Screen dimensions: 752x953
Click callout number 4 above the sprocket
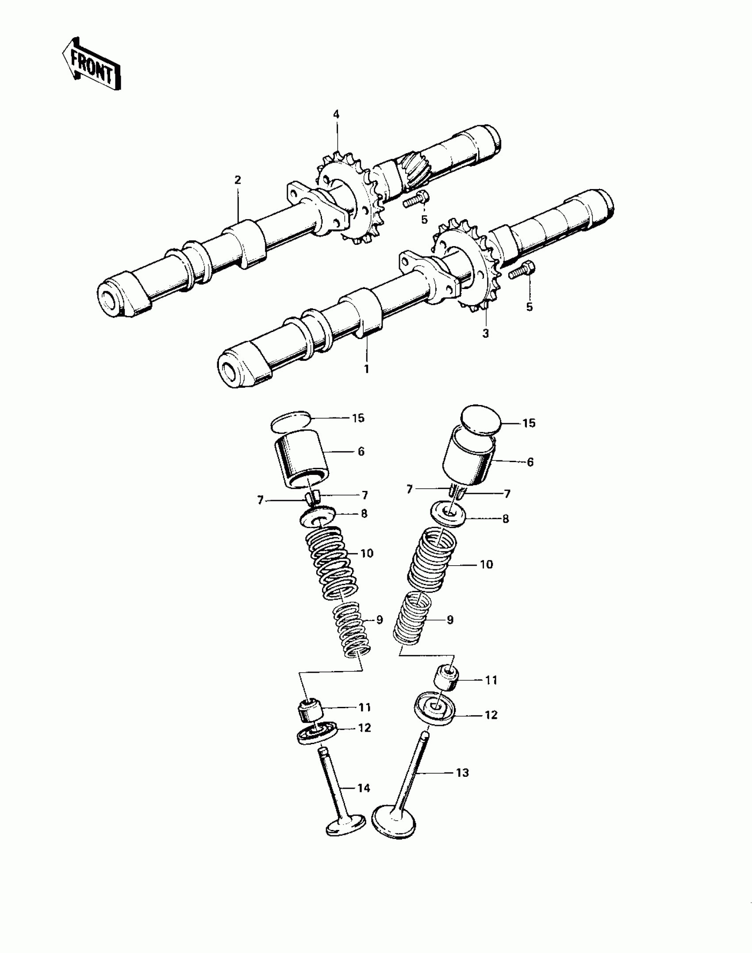click(336, 115)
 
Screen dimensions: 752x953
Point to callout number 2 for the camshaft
click(238, 180)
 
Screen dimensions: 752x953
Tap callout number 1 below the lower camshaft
click(366, 368)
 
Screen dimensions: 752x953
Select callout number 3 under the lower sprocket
click(486, 333)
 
